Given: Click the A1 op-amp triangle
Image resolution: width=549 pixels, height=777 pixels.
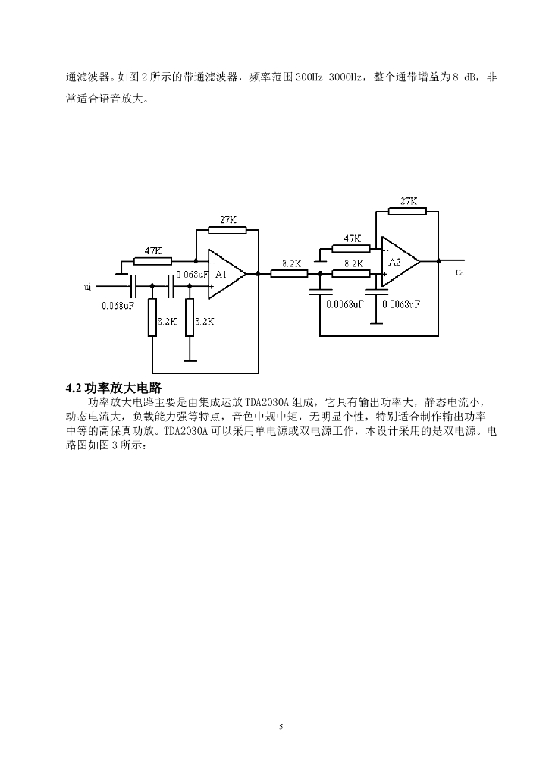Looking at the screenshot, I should [226, 274].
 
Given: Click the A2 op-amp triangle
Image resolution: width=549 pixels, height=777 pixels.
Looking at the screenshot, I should [399, 262].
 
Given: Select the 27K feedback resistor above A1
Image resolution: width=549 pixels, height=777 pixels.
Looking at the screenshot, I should [227, 229].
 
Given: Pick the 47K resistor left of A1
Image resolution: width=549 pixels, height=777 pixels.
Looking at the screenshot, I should [152, 261].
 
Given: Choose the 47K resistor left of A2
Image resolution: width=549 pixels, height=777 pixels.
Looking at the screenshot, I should [351, 247].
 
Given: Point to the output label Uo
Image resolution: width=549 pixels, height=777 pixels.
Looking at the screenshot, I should [460, 271].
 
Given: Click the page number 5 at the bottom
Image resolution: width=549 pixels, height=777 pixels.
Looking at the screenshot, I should [281, 727].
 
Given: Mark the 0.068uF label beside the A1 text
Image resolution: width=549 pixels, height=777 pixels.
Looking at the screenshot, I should [192, 274].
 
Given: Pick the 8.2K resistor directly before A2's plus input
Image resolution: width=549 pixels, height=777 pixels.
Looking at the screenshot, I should [351, 274].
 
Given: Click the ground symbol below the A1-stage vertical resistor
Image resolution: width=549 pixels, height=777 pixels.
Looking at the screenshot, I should [190, 360].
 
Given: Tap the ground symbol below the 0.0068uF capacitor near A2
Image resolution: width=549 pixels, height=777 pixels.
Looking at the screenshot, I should [372, 322].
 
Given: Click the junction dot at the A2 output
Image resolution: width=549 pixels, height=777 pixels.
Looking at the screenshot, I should [439, 262].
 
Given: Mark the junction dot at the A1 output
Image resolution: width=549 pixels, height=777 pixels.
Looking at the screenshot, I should [259, 274].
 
